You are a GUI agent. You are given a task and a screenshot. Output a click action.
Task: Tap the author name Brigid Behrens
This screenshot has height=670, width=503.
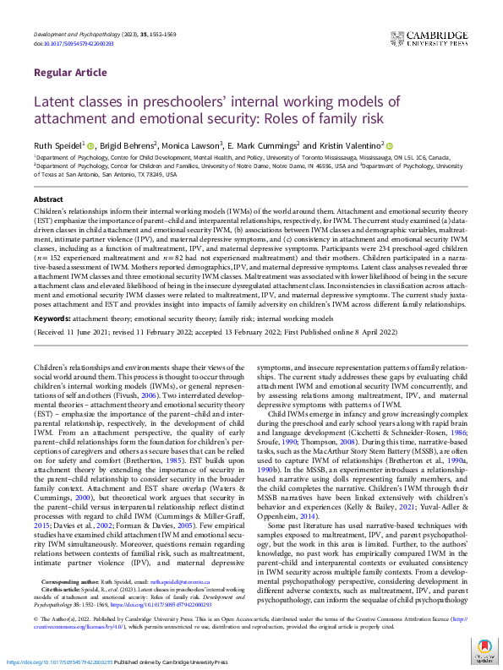point(128,145)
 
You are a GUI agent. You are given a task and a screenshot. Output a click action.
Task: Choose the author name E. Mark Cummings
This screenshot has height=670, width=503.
point(265,145)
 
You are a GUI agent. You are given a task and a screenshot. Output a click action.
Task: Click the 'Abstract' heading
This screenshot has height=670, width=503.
point(49,198)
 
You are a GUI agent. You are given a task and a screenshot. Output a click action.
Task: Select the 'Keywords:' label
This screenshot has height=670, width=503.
point(52,320)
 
